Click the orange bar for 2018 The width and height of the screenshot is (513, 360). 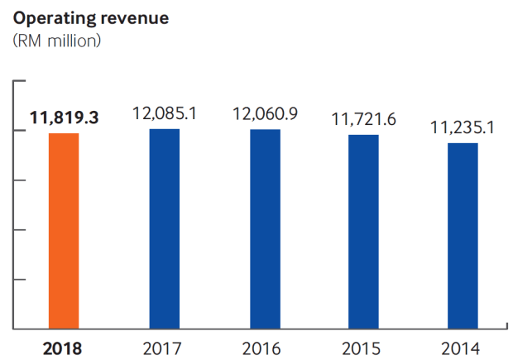tap(64, 231)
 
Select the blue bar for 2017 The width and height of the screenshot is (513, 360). tap(164, 229)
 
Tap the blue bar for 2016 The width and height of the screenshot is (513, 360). tap(265, 229)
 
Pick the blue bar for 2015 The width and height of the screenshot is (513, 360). tap(363, 232)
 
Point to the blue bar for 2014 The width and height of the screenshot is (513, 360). tap(463, 236)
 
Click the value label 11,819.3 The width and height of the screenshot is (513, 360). tap(64, 118)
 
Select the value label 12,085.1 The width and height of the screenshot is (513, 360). tap(164, 113)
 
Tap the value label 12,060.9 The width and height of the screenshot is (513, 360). tap(265, 113)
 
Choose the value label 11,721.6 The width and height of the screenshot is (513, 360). tap(363, 119)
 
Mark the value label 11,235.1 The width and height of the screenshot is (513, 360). tap(463, 127)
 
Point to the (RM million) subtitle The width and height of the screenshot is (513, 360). tap(57, 41)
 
